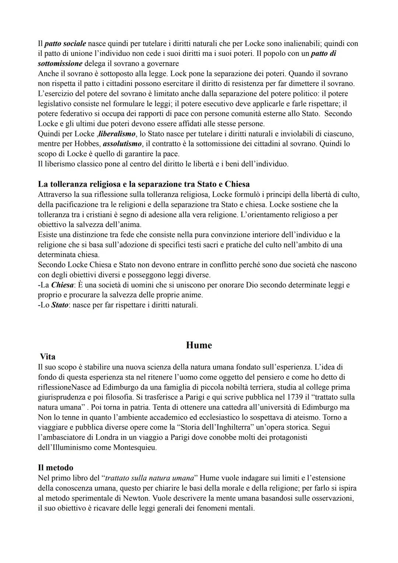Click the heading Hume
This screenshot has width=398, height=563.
[x=199, y=345]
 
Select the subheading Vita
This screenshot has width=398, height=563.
[x=48, y=357]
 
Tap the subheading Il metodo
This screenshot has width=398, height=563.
[x=55, y=468]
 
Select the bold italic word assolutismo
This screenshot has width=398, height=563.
[x=122, y=143]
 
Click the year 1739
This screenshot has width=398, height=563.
[x=296, y=397]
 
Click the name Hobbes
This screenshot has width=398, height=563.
[x=87, y=143]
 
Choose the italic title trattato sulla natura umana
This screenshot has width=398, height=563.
[x=149, y=478]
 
